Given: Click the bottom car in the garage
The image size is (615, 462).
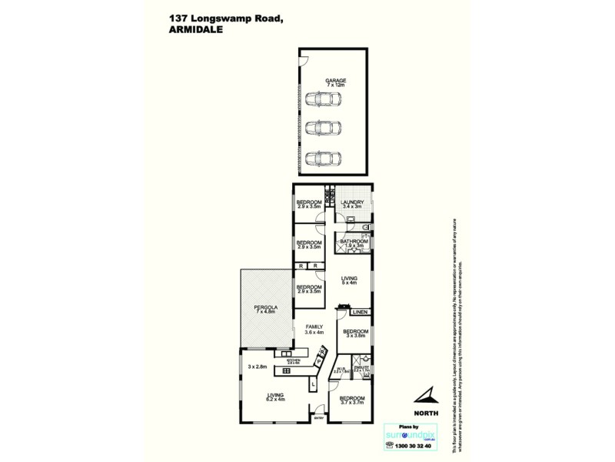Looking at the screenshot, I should pyautogui.click(x=324, y=158).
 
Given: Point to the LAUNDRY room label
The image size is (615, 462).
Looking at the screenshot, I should pyautogui.click(x=351, y=203).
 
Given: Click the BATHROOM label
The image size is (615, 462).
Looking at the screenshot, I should pyautogui.click(x=354, y=242).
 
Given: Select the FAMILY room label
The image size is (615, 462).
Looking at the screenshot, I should pyautogui.click(x=313, y=327).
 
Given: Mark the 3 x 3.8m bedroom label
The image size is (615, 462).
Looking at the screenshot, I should pyautogui.click(x=357, y=333).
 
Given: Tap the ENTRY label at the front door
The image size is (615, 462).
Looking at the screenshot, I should pyautogui.click(x=317, y=419).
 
